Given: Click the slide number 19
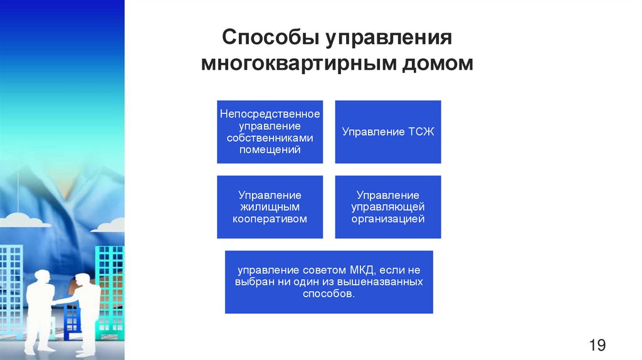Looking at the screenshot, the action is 597,344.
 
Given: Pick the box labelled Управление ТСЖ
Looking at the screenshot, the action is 388,132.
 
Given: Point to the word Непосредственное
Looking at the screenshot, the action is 270,114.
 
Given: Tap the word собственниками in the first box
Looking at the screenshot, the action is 270,138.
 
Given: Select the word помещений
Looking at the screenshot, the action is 270,150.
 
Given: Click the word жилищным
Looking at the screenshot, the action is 270,207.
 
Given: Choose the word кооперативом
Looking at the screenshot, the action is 270,219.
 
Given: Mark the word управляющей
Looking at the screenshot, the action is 388,207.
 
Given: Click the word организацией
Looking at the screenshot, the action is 388,219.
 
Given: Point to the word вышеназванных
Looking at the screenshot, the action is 387,282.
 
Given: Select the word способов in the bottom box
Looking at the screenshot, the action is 329,294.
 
